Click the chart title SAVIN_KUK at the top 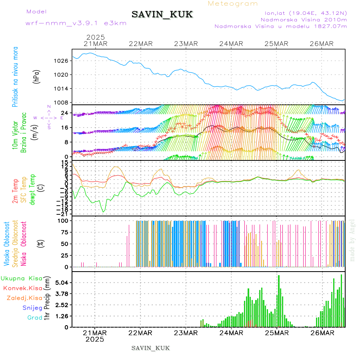pyautogui.click(x=162, y=15)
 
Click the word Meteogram pyautogui.click(x=233, y=4)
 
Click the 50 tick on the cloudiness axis pyautogui.click(x=64, y=244)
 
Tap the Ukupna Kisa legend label pyautogui.click(x=21, y=278)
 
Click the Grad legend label pyautogui.click(x=34, y=318)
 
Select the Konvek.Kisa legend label pyautogui.click(x=22, y=288)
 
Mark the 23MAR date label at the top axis pyautogui.click(x=186, y=44)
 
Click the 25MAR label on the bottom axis pyautogui.click(x=277, y=333)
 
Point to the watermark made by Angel pyautogui.click(x=352, y=240)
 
